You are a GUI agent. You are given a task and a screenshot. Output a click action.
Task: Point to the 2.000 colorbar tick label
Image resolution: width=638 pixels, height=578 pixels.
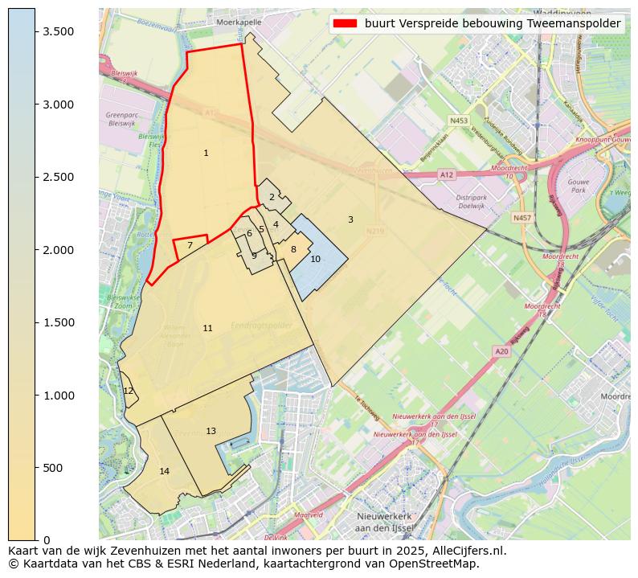coord(59,250)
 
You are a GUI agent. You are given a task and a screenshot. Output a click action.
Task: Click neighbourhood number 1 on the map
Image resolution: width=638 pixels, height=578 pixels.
coord(206,153)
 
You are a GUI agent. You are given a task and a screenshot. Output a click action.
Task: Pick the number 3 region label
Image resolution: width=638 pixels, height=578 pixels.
coord(350,219)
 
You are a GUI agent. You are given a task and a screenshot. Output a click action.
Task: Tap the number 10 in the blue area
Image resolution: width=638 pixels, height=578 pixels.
coord(315,259)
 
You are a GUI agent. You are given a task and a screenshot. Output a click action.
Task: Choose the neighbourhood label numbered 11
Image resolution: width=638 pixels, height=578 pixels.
coord(207,328)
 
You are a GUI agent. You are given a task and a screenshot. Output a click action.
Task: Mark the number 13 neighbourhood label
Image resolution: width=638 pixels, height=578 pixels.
coord(211,432)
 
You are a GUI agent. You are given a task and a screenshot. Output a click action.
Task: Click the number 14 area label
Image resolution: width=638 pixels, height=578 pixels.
coord(164,471)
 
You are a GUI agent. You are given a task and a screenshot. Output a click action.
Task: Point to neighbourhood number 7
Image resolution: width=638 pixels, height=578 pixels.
coord(190,245)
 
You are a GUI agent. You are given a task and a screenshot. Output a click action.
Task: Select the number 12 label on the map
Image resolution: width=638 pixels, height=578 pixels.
coord(129,391)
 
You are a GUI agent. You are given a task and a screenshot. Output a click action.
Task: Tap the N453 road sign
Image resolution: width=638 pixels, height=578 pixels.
coord(459,121)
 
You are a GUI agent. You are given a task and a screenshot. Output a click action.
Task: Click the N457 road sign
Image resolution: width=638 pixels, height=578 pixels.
coord(522,218)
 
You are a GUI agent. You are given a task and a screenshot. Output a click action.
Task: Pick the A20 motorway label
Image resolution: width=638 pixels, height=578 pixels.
coord(502,351)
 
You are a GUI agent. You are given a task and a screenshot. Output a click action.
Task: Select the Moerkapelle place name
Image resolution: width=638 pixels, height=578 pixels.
coord(239,23)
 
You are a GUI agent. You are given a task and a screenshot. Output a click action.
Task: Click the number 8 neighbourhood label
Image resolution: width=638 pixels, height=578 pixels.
coord(293,249)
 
